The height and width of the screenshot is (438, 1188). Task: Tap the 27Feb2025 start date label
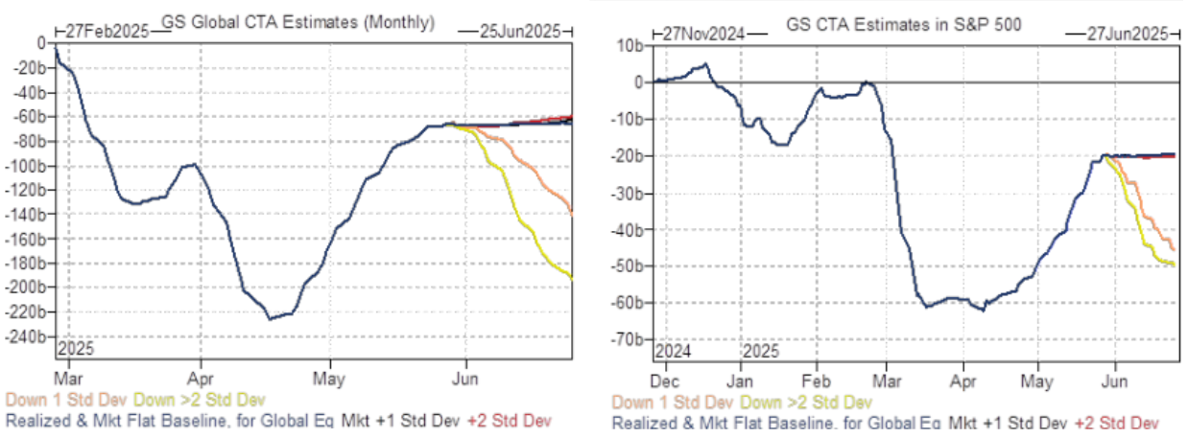pos(107,31)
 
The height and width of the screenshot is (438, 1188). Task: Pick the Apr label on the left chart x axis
pos(200,365)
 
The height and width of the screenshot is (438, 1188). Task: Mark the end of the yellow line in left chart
pos(572,278)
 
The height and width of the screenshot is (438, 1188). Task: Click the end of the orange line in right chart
pos(1174,248)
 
